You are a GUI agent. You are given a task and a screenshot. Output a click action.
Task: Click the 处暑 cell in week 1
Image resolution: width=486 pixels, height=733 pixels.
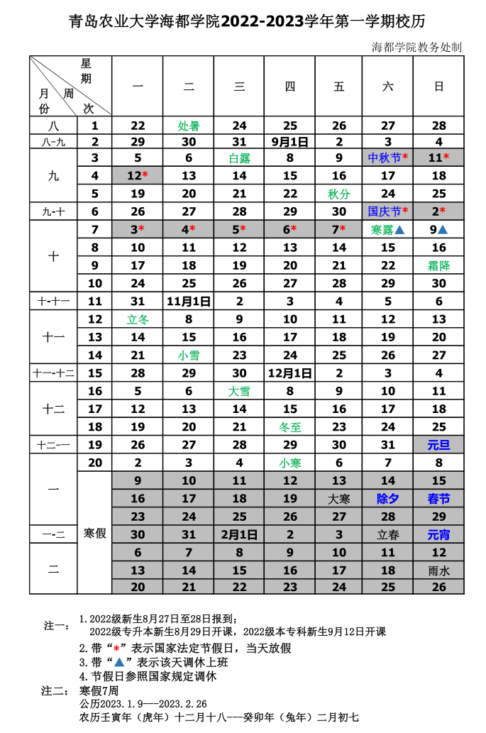click(189, 126)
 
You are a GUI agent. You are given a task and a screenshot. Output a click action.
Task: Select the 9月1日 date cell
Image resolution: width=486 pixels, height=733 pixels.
click(289, 142)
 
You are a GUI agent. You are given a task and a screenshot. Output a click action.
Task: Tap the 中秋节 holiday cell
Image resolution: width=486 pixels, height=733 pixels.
click(388, 158)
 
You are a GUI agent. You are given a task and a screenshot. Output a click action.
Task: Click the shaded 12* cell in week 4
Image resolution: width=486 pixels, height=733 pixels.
click(138, 175)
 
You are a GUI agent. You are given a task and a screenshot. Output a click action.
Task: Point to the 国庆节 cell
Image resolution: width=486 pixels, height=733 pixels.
click(388, 211)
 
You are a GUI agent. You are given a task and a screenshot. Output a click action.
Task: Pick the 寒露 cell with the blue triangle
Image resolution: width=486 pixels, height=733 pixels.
click(388, 229)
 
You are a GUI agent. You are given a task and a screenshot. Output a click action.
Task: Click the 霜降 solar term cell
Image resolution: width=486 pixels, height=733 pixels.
click(438, 265)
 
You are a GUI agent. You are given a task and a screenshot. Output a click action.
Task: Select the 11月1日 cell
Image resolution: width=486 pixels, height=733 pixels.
click(189, 301)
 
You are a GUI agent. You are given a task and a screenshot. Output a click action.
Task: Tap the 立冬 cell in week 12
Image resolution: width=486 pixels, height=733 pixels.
click(138, 319)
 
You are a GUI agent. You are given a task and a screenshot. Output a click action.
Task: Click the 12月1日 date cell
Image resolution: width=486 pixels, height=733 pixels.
click(289, 373)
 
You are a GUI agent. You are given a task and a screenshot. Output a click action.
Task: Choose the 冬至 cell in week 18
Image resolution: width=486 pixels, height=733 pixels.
click(289, 427)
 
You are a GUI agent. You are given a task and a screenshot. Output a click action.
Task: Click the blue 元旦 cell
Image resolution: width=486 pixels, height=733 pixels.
click(438, 445)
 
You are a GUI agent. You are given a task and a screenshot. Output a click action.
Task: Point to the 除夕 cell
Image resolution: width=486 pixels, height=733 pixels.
click(388, 499)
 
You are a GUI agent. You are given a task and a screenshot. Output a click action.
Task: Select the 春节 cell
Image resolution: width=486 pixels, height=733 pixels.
click(438, 499)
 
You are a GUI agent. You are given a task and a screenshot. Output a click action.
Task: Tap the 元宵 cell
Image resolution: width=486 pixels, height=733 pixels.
click(438, 534)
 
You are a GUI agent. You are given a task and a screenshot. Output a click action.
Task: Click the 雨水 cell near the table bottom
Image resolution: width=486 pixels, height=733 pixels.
click(438, 570)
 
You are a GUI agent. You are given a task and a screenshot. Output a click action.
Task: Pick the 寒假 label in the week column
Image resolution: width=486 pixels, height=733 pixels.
click(95, 533)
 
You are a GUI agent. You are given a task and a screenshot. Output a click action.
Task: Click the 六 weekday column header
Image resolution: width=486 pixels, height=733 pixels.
click(388, 87)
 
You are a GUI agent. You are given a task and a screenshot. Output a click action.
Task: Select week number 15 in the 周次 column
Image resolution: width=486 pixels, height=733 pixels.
click(95, 373)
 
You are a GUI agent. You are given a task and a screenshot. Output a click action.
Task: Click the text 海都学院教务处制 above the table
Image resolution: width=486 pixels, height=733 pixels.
click(416, 48)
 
